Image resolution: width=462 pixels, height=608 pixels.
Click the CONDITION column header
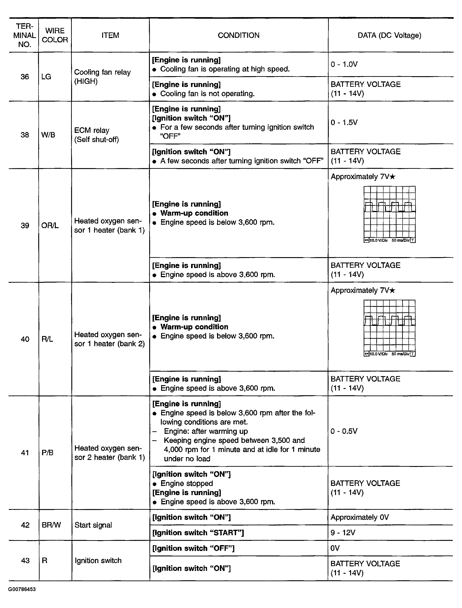238,35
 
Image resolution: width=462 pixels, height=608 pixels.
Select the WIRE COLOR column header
55,35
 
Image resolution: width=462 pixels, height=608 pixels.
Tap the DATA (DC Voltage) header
389,35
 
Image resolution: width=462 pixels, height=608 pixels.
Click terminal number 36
25,77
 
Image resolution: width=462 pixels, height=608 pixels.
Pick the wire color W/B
48,135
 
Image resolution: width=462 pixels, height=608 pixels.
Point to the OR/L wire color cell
50,225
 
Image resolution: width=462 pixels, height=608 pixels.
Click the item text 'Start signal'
93,525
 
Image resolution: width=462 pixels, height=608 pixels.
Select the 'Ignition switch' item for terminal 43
98,560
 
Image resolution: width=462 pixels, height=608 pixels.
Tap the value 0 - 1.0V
344,64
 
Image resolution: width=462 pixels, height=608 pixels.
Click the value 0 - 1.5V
344,122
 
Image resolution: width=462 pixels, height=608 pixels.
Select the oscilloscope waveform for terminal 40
389,328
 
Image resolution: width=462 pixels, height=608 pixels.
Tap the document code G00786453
22,589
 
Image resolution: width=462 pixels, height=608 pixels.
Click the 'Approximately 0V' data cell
360,517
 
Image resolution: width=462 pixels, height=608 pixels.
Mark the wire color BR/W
51,525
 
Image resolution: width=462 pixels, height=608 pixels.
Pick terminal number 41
25,453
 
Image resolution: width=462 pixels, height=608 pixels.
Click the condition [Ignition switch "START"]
198,533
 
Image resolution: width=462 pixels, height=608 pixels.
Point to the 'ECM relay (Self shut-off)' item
97,135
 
